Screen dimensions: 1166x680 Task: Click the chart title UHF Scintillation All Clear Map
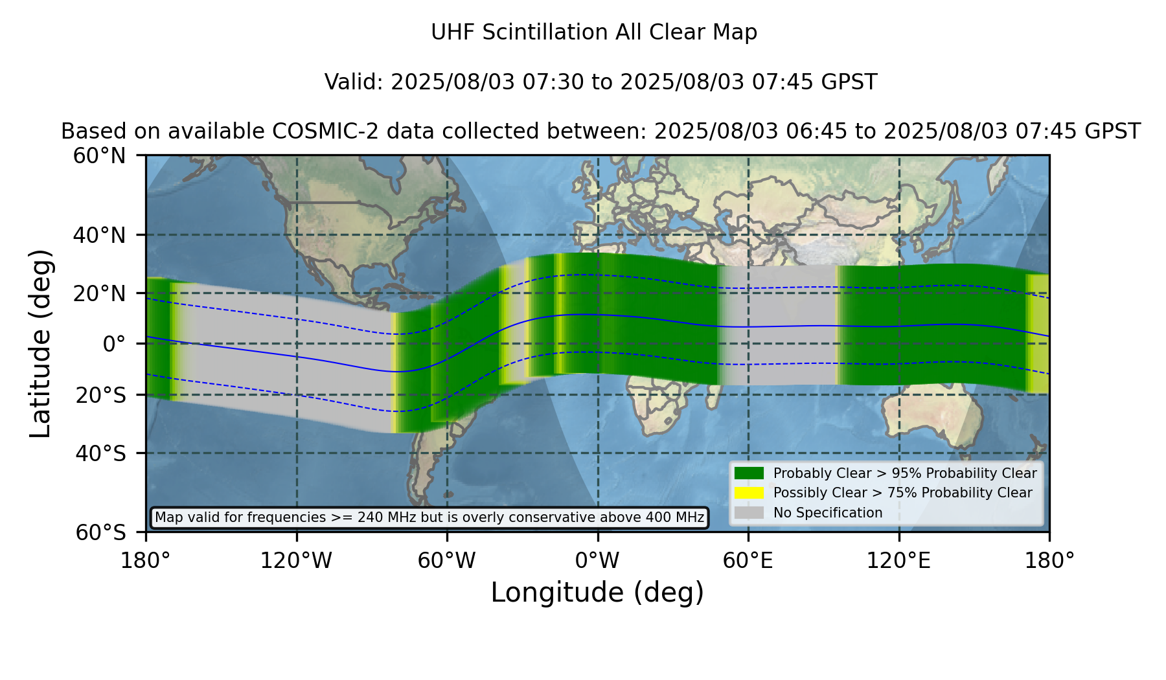594,32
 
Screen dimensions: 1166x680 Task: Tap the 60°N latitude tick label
100,156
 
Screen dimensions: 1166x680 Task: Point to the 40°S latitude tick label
100,453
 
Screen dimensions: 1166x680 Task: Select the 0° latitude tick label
114,344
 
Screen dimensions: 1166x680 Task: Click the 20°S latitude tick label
100,395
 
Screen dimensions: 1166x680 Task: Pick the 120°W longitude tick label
296,560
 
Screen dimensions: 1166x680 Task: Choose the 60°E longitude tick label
748,560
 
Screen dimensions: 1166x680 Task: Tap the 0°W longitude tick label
597,560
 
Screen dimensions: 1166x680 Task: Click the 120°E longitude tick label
899,560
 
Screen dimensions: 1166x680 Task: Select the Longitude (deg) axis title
597,593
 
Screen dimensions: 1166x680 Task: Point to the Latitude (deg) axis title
40,343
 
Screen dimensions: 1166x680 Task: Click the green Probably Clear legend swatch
749,473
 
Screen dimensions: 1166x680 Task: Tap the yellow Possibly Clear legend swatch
749,492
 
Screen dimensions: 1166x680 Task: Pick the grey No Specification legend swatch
749,512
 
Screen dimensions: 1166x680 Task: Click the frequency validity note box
429,517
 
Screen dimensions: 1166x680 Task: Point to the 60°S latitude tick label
100,532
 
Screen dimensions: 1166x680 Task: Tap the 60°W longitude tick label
447,560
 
